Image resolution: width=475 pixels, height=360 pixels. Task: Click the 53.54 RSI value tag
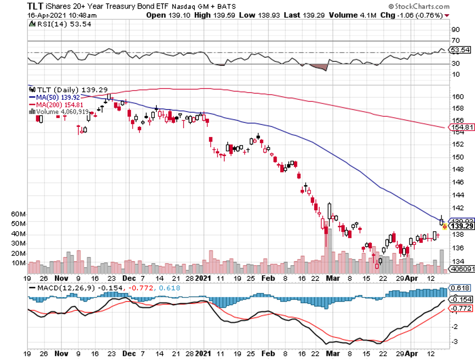[460, 50]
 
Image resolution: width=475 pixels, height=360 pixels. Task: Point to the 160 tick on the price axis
[457, 96]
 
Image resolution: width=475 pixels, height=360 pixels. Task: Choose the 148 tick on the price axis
[457, 170]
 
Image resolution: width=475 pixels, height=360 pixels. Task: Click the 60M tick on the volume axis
[18, 214]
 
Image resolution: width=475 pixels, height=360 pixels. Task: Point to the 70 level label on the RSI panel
[456, 41]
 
